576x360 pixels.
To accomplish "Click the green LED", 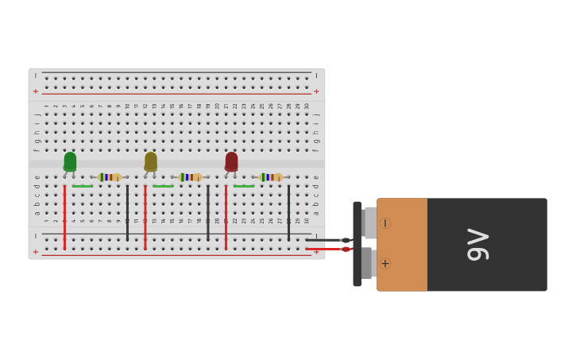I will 70,161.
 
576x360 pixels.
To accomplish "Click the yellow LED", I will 151,161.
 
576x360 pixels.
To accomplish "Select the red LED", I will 231,161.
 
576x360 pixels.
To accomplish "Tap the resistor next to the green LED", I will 109,177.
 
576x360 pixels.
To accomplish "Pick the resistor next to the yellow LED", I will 191,177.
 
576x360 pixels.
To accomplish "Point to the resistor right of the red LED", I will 271,177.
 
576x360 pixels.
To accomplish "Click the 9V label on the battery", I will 478,244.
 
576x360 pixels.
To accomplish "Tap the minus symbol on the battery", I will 385,223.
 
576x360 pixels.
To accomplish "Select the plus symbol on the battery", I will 385,263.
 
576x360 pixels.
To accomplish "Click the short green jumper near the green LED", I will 83,186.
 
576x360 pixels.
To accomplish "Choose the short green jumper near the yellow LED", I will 163,186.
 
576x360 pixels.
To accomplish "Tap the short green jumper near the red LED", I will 244,186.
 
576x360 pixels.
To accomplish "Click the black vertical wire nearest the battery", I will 288,212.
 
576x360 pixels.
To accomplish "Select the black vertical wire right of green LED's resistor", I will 127,212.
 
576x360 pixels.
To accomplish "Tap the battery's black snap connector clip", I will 357,244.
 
